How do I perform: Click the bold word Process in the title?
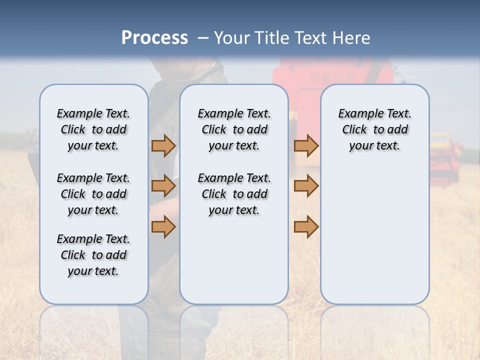[x=154, y=38]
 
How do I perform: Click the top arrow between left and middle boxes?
[x=163, y=146]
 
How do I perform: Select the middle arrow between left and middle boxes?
[x=163, y=186]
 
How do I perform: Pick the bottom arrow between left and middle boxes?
[x=163, y=226]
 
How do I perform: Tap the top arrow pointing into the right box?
[x=306, y=146]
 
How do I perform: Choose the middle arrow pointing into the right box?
[x=306, y=186]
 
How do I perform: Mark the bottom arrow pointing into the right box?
[x=306, y=226]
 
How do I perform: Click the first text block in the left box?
[x=93, y=130]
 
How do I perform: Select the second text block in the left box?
[x=93, y=194]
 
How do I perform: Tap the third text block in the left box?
[x=93, y=255]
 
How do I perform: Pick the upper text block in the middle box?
[x=234, y=130]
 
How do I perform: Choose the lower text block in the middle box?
[x=234, y=194]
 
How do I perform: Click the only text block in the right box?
[x=374, y=130]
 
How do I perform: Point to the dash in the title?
[x=203, y=38]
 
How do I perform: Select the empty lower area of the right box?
[x=374, y=235]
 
